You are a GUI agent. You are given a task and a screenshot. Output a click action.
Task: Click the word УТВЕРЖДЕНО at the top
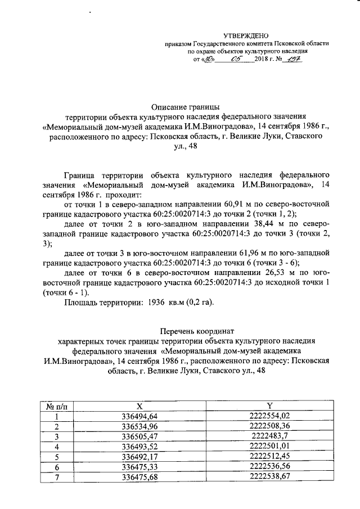[246, 35]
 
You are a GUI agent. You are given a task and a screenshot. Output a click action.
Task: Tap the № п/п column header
[56, 406]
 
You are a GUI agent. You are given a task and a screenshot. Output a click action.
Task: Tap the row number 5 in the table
[56, 457]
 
